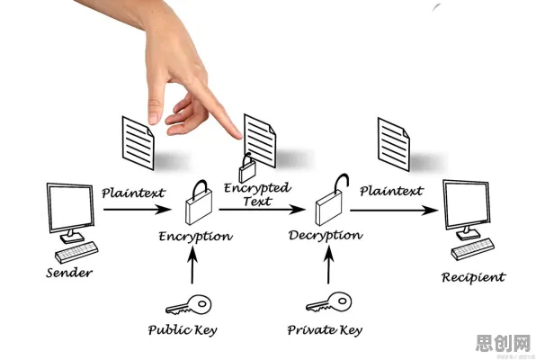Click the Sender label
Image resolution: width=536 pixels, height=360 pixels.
pyautogui.click(x=69, y=273)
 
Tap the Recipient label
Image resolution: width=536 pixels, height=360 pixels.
pyautogui.click(x=473, y=277)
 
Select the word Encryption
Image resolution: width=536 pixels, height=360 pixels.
pyautogui.click(x=195, y=237)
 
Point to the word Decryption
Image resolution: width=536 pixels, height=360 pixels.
pyautogui.click(x=326, y=236)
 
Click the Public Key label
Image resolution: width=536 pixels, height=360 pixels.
pyautogui.click(x=183, y=329)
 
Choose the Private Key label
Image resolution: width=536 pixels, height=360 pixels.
pyautogui.click(x=325, y=329)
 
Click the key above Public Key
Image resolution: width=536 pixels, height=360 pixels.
pyautogui.click(x=189, y=304)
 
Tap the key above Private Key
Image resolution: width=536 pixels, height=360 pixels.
pyautogui.click(x=328, y=302)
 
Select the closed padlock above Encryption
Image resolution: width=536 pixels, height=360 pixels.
pyautogui.click(x=199, y=202)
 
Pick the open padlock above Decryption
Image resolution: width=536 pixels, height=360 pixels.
pyautogui.click(x=328, y=205)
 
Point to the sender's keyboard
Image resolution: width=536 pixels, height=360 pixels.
pyautogui.click(x=76, y=252)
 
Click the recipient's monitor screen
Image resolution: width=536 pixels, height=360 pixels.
pyautogui.click(x=466, y=205)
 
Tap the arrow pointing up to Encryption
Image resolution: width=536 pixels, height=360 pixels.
pyautogui.click(x=192, y=265)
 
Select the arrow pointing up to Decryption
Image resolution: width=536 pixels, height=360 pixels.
pyautogui.click(x=328, y=265)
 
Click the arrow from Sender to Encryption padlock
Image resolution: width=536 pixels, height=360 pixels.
pyautogui.click(x=137, y=209)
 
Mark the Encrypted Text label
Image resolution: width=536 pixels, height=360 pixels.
pyautogui.click(x=257, y=194)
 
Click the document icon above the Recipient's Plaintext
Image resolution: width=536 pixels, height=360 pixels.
pyautogui.click(x=393, y=144)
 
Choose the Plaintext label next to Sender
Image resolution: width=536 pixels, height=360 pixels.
pyautogui.click(x=133, y=193)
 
